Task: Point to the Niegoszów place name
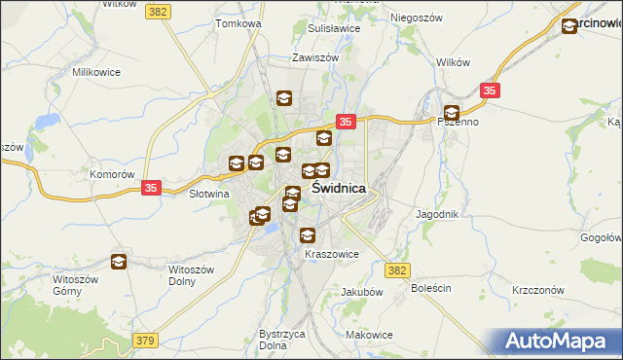(x=417, y=18)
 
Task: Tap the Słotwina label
(x=207, y=193)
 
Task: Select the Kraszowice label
(x=332, y=254)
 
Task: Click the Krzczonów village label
(x=538, y=291)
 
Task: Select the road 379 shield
(x=144, y=340)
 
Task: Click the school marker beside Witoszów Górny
(x=119, y=261)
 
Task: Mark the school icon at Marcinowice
(x=569, y=27)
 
